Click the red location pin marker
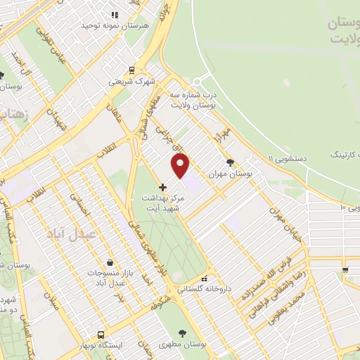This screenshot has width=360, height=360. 181,165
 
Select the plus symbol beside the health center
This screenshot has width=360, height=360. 163,187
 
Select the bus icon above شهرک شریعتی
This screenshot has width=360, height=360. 131,70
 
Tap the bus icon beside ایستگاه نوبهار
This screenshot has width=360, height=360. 103,335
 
